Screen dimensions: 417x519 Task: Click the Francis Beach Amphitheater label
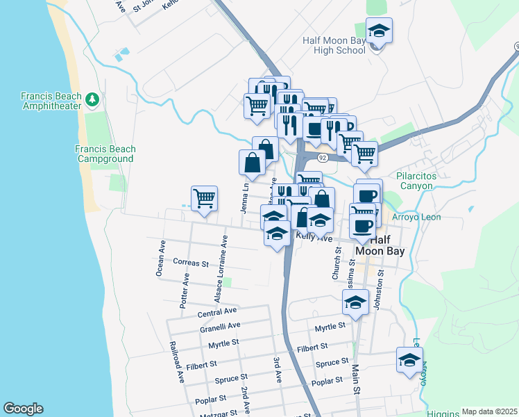51,101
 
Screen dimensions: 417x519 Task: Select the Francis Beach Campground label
105,154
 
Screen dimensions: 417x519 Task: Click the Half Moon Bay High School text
334,45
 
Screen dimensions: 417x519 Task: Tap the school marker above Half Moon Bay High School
379,32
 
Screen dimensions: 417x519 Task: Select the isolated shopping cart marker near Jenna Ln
205,199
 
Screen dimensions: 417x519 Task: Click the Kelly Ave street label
314,236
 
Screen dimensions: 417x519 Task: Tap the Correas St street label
192,263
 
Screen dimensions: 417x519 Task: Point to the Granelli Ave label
219,325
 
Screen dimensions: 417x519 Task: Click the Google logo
23,409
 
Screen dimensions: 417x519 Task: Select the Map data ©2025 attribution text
489,411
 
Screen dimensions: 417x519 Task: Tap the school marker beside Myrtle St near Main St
355,304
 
